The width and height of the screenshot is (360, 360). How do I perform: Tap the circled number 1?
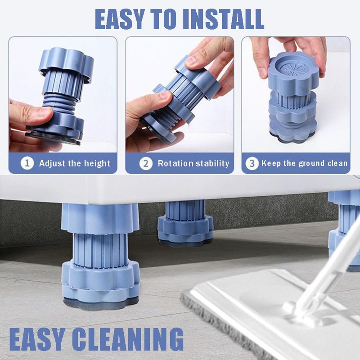click(28, 163)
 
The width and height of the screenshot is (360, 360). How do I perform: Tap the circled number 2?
click(145, 163)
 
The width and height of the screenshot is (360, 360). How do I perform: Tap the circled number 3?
click(252, 163)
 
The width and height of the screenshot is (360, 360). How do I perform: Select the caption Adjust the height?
click(74, 163)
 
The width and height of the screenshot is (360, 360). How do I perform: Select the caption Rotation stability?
click(193, 163)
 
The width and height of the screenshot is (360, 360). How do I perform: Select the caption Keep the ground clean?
click(305, 163)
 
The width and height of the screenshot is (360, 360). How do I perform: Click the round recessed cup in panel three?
click(296, 72)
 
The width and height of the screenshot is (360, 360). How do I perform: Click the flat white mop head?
click(252, 306)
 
